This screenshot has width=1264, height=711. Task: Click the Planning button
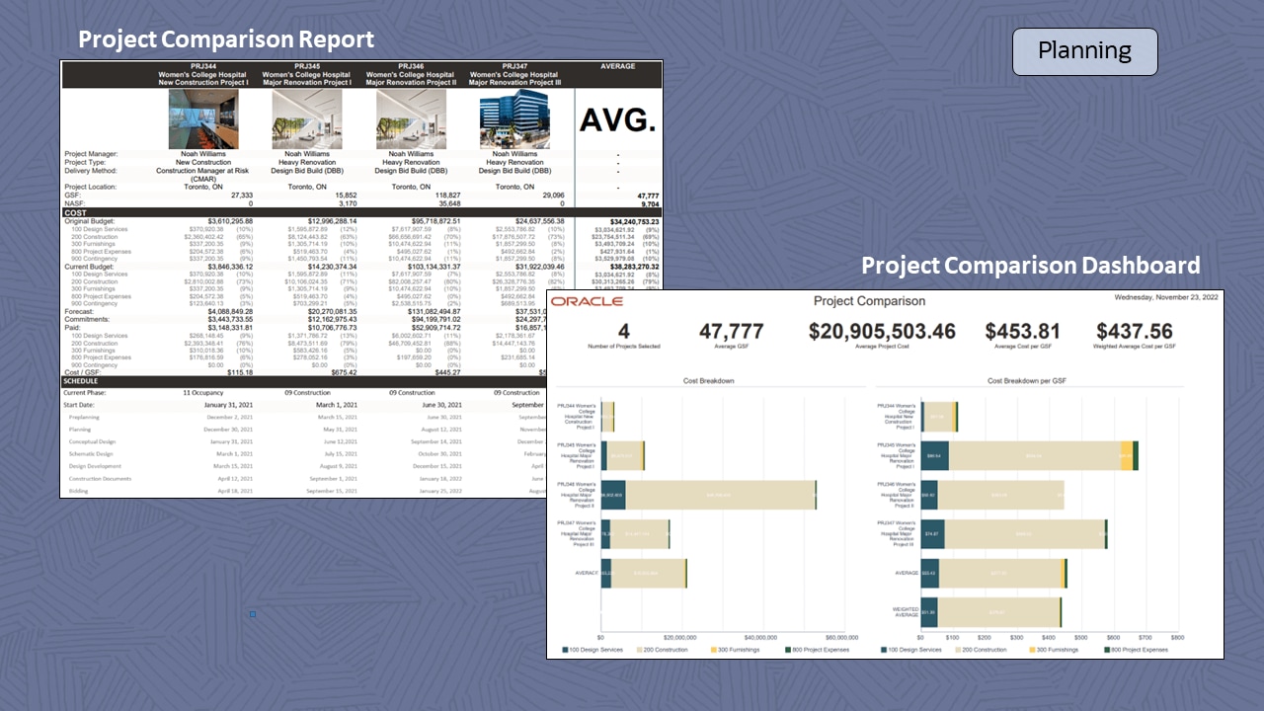tap(1084, 51)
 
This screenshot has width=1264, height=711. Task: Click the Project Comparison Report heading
tap(226, 39)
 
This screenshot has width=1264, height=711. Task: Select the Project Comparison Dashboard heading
tap(1030, 266)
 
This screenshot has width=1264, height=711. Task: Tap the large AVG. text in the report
tap(617, 120)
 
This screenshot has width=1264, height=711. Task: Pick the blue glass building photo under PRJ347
tap(513, 119)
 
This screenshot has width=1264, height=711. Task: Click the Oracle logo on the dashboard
tap(587, 301)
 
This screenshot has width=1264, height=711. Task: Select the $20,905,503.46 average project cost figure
tap(882, 332)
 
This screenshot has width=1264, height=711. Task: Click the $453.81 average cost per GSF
tap(1022, 332)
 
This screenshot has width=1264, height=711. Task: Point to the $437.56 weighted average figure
tap(1135, 332)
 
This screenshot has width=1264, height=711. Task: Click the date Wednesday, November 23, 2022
tap(1165, 296)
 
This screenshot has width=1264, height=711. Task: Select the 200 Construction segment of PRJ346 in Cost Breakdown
tap(720, 495)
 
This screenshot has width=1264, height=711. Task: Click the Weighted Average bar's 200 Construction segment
tap(997, 612)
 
